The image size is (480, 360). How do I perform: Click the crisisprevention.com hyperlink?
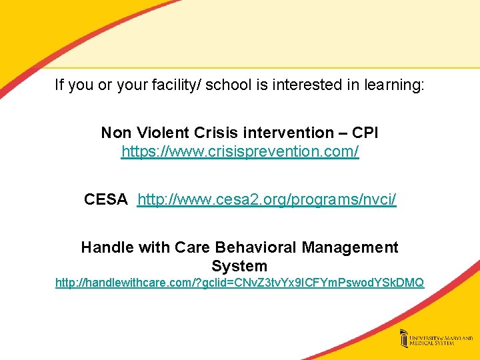240,152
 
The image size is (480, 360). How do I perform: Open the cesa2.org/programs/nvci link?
267,199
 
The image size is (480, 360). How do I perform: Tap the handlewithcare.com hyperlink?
239,283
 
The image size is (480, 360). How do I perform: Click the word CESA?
106,199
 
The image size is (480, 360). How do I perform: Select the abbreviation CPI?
365,133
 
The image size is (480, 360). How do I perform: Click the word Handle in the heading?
105,247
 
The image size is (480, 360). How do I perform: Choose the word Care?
192,247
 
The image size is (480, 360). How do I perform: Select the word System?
239,266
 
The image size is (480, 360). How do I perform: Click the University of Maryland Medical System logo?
433,339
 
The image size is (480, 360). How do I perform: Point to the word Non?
115,133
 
